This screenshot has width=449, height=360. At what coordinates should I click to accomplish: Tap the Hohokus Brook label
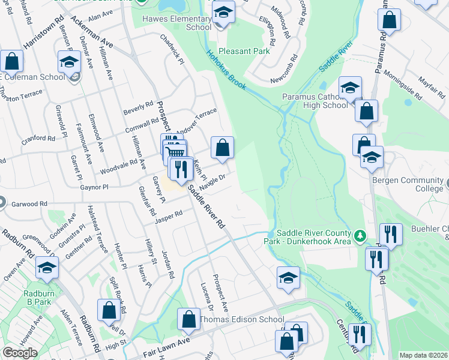[x=226, y=71]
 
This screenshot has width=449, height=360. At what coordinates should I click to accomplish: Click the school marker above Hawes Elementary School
[x=224, y=13]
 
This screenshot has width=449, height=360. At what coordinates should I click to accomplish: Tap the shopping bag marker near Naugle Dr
[x=222, y=148]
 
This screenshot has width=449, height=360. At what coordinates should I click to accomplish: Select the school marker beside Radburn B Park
[x=46, y=268]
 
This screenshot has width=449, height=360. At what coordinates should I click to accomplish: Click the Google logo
[x=20, y=352]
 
